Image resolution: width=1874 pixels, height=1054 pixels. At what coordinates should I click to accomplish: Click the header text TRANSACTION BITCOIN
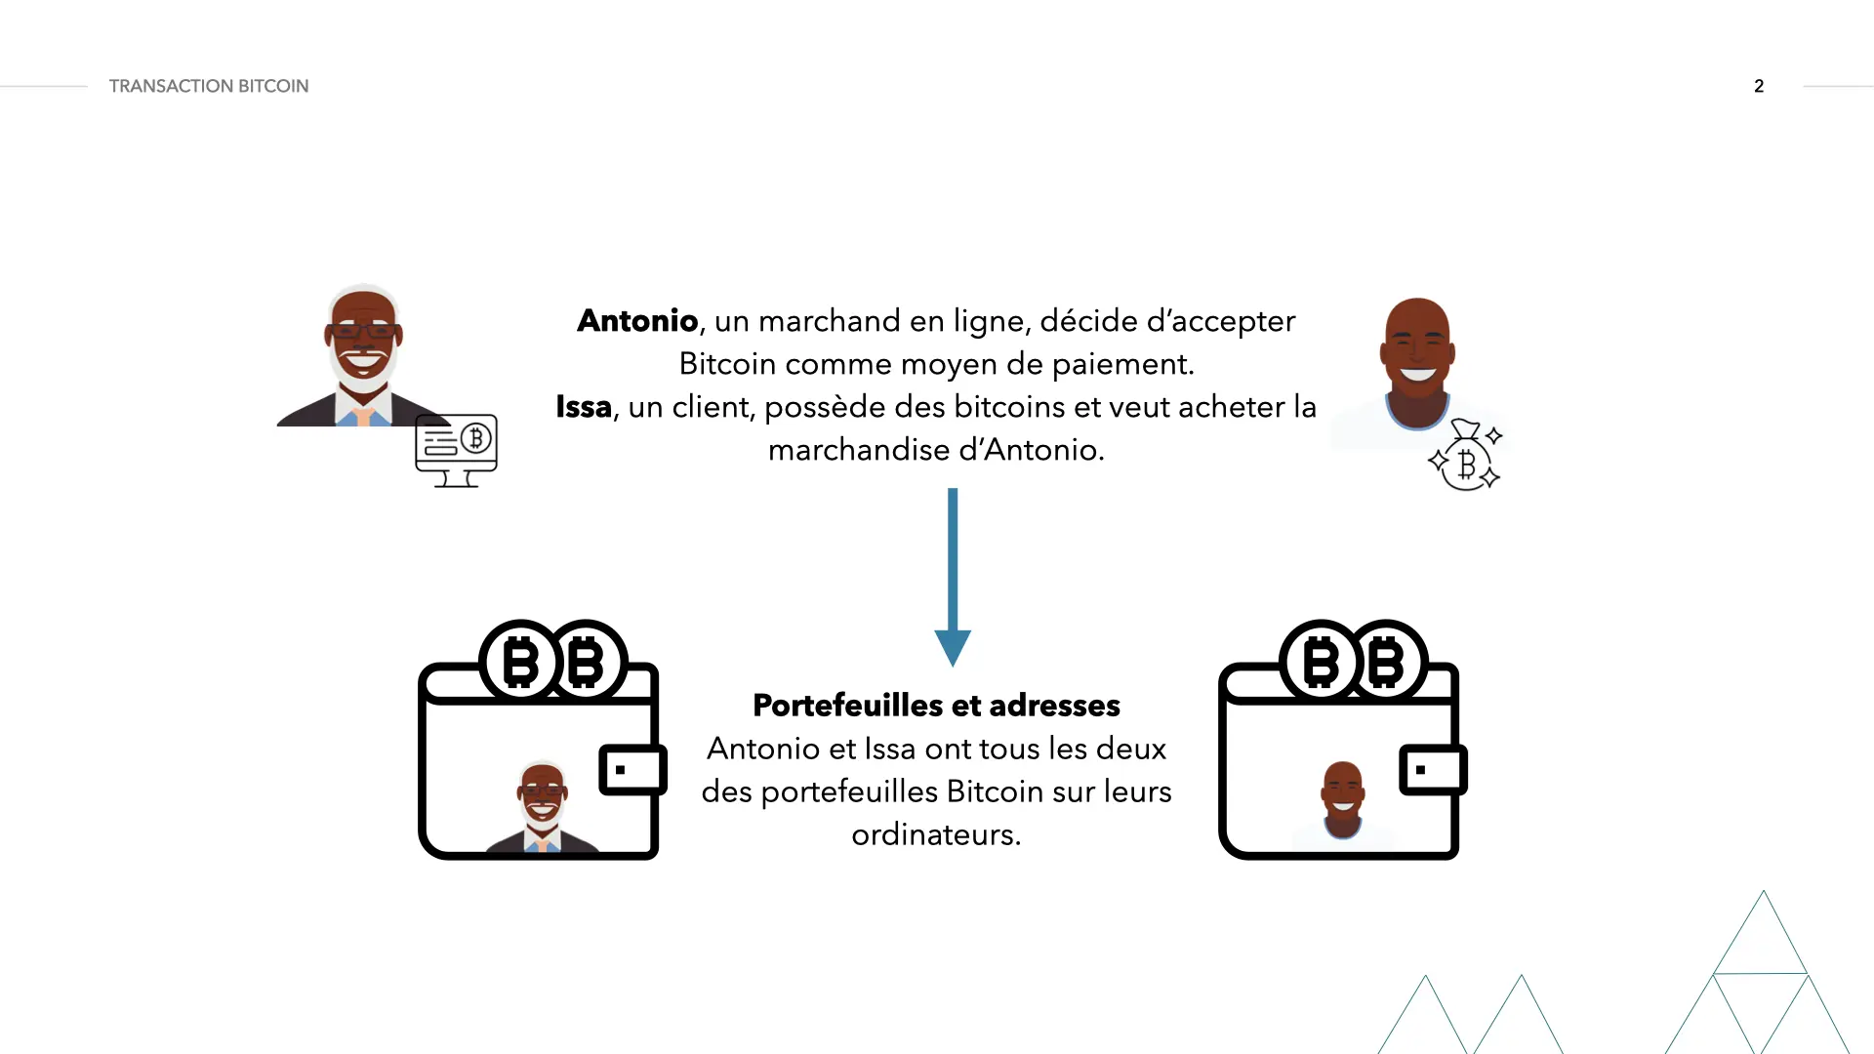point(209,86)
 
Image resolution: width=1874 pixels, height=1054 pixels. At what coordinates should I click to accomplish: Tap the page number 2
point(1759,86)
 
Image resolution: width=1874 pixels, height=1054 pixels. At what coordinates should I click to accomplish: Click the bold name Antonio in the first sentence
point(637,321)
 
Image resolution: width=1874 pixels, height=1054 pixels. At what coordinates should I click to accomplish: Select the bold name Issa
point(584,407)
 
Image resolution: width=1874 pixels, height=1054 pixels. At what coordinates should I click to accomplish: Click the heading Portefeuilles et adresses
point(936,706)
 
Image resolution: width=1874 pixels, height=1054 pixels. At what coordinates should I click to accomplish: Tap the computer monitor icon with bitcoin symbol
point(456,449)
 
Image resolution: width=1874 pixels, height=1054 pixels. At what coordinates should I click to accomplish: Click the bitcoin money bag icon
point(1464,456)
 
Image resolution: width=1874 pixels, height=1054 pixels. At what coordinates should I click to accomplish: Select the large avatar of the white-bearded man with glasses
point(363,356)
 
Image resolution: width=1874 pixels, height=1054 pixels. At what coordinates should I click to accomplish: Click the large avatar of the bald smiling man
point(1416,363)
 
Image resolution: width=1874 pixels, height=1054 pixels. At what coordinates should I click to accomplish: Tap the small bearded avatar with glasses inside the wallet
point(543,806)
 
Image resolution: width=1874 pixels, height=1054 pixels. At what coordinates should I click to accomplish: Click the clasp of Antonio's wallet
point(632,769)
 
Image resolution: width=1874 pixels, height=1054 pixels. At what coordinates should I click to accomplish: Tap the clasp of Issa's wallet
point(1433,769)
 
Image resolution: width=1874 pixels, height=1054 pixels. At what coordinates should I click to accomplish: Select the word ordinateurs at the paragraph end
point(935,834)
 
